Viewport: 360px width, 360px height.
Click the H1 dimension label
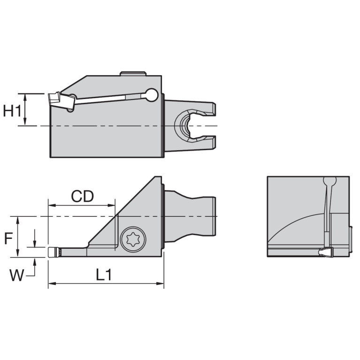tap(12, 111)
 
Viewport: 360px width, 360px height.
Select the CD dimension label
tap(82, 196)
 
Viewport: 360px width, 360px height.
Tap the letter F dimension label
tap(8, 239)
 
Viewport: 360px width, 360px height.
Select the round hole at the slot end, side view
tap(151, 95)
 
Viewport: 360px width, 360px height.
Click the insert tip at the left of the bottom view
tap(53, 252)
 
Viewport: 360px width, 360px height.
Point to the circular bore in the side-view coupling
tap(184, 126)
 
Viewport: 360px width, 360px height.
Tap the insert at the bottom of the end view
tap(326, 253)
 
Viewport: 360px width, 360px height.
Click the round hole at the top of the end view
tap(330, 181)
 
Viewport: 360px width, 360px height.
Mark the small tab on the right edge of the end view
tap(351, 238)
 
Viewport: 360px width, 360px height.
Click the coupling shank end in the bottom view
tap(209, 216)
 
